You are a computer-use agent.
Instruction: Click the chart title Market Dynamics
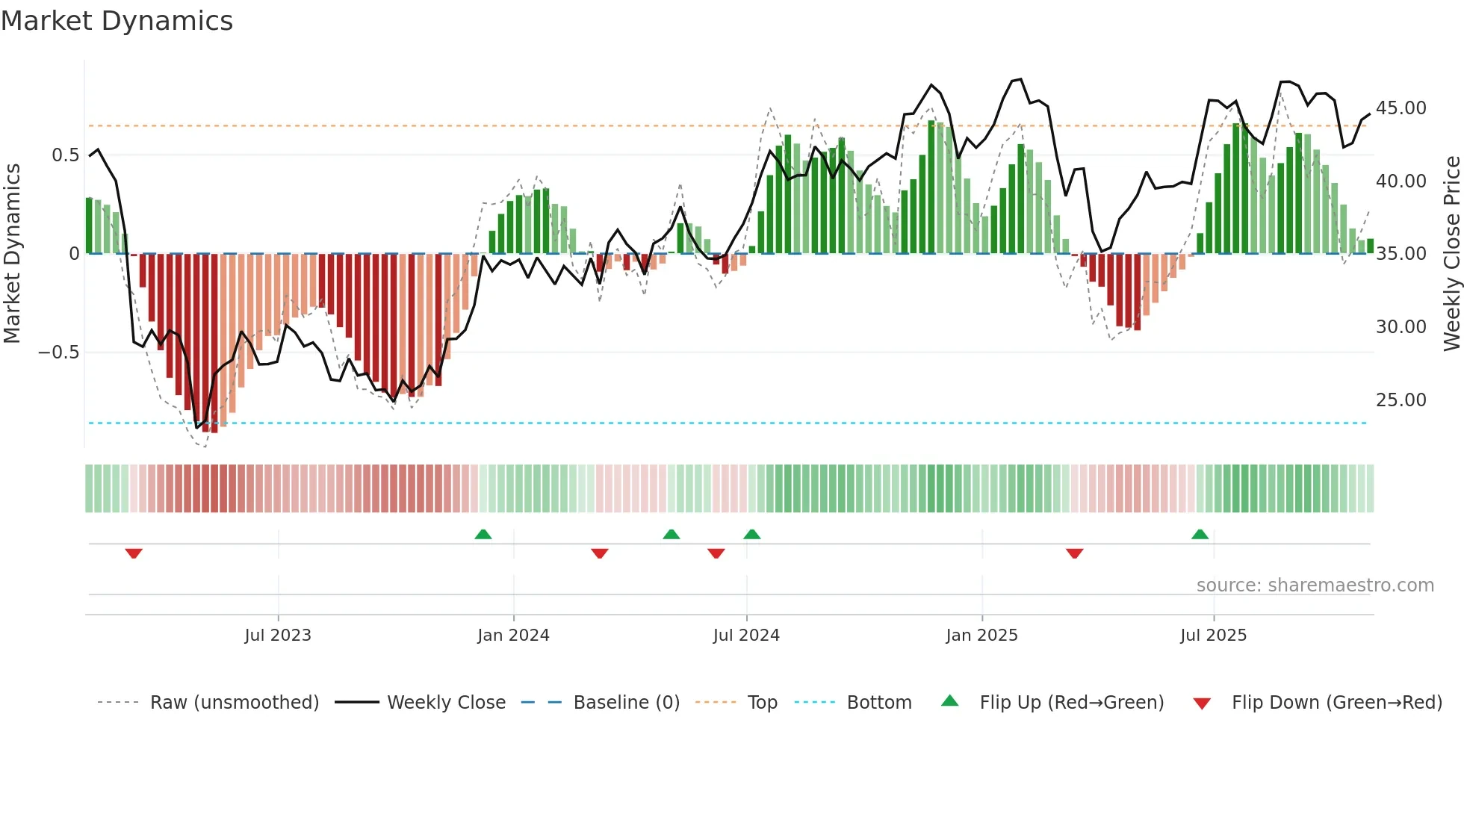click(x=117, y=21)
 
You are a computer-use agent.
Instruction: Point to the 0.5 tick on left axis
click(x=65, y=155)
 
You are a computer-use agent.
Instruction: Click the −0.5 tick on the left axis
click(x=59, y=353)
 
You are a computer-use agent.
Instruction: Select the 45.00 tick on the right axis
click(x=1401, y=108)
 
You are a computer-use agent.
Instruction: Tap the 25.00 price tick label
click(x=1401, y=400)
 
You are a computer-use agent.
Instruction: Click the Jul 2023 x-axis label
click(x=278, y=636)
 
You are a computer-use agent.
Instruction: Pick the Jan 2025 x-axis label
click(x=981, y=636)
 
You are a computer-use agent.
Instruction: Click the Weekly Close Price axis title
click(x=1451, y=254)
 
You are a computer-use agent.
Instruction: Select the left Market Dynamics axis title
click(x=12, y=254)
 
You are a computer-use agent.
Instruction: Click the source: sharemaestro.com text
click(x=1315, y=586)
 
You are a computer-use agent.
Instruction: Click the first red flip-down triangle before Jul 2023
click(x=134, y=553)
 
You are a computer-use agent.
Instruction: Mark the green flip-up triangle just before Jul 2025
click(x=1200, y=535)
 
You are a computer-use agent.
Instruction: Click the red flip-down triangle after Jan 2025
click(x=1074, y=553)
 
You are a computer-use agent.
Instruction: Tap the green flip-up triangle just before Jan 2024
click(x=483, y=535)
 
